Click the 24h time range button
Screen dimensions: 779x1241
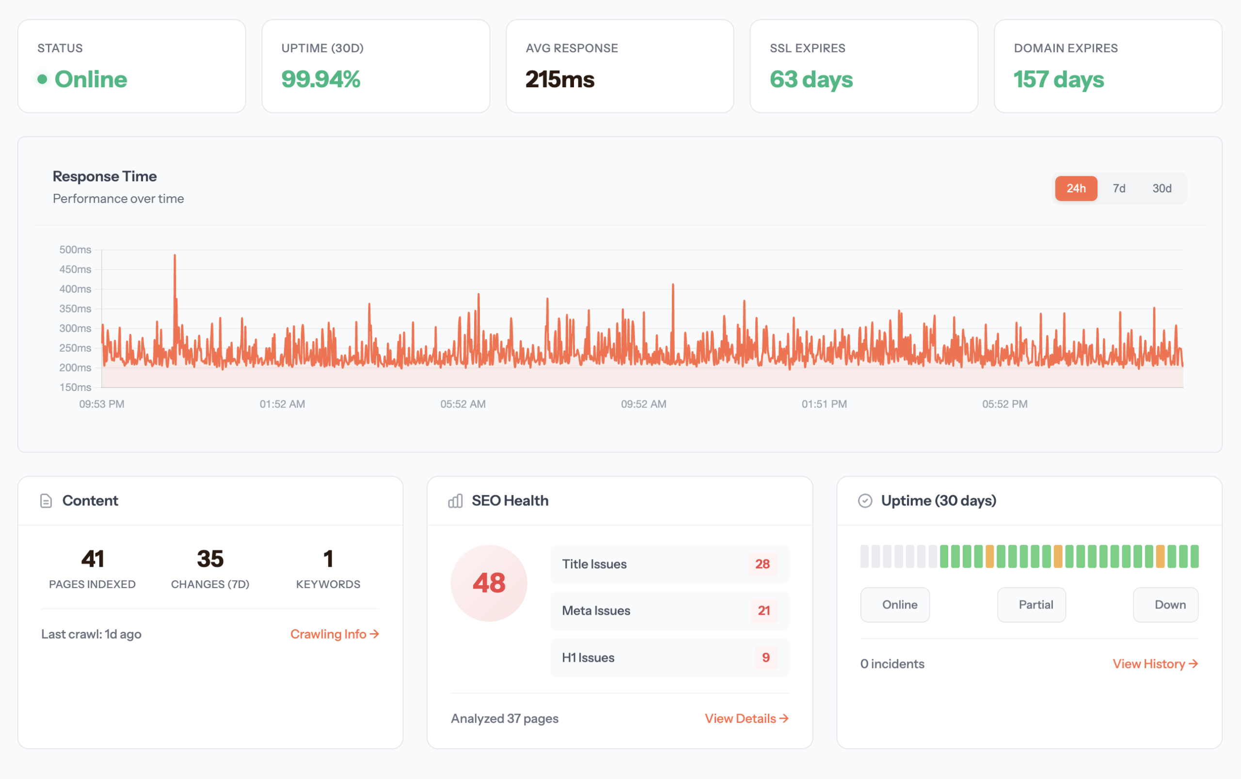[x=1076, y=188]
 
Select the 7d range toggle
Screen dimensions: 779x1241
[x=1118, y=188]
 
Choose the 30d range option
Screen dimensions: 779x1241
[x=1161, y=188]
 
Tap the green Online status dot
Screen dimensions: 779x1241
[x=42, y=79]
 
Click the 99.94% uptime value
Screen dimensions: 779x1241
[x=320, y=79]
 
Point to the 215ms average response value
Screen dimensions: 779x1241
[x=560, y=79]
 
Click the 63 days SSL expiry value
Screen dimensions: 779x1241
[x=811, y=79]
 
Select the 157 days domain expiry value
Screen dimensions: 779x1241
[x=1059, y=79]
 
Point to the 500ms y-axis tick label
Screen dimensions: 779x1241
[x=75, y=249]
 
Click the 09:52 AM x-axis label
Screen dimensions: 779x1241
[x=643, y=404]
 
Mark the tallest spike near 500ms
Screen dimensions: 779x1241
[x=175, y=256]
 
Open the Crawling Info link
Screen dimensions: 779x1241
[x=334, y=634]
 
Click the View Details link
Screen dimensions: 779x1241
[x=746, y=718]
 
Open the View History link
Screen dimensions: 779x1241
[x=1155, y=664]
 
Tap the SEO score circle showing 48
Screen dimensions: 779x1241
[x=489, y=583]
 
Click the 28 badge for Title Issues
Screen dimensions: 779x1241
[x=762, y=564]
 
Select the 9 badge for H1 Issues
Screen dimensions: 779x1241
[x=765, y=657]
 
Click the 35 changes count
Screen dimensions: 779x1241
[x=210, y=559]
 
